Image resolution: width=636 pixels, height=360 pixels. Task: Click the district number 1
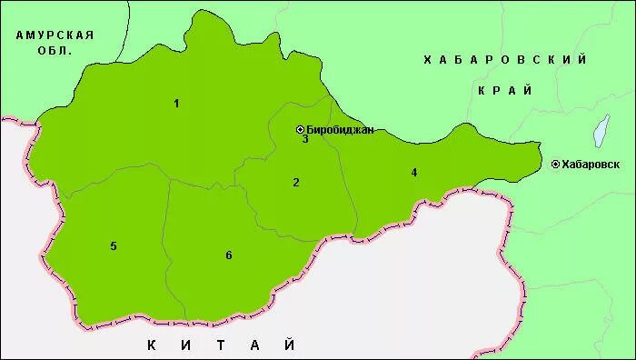pos(176,104)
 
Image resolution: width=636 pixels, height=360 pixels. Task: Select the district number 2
pos(295,183)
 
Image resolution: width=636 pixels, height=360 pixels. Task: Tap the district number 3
pos(305,139)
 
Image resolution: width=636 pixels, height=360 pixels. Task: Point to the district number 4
pos(413,172)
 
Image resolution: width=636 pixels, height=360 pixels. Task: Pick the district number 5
pos(114,246)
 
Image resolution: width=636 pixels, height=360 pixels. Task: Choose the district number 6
pos(228,255)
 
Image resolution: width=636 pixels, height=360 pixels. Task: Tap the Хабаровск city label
pos(591,165)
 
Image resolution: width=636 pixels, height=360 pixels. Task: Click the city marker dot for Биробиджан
pos(301,130)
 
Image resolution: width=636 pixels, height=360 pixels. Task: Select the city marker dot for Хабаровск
pos(555,165)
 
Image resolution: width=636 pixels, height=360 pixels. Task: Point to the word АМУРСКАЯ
pos(55,35)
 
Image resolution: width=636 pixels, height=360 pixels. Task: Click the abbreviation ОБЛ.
pos(55,51)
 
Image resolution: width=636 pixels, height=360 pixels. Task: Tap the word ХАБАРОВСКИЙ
pos(505,60)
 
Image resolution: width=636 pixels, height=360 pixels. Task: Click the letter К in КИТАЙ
pos(151,345)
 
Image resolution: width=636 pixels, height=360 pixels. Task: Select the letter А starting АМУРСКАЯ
pos(19,35)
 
